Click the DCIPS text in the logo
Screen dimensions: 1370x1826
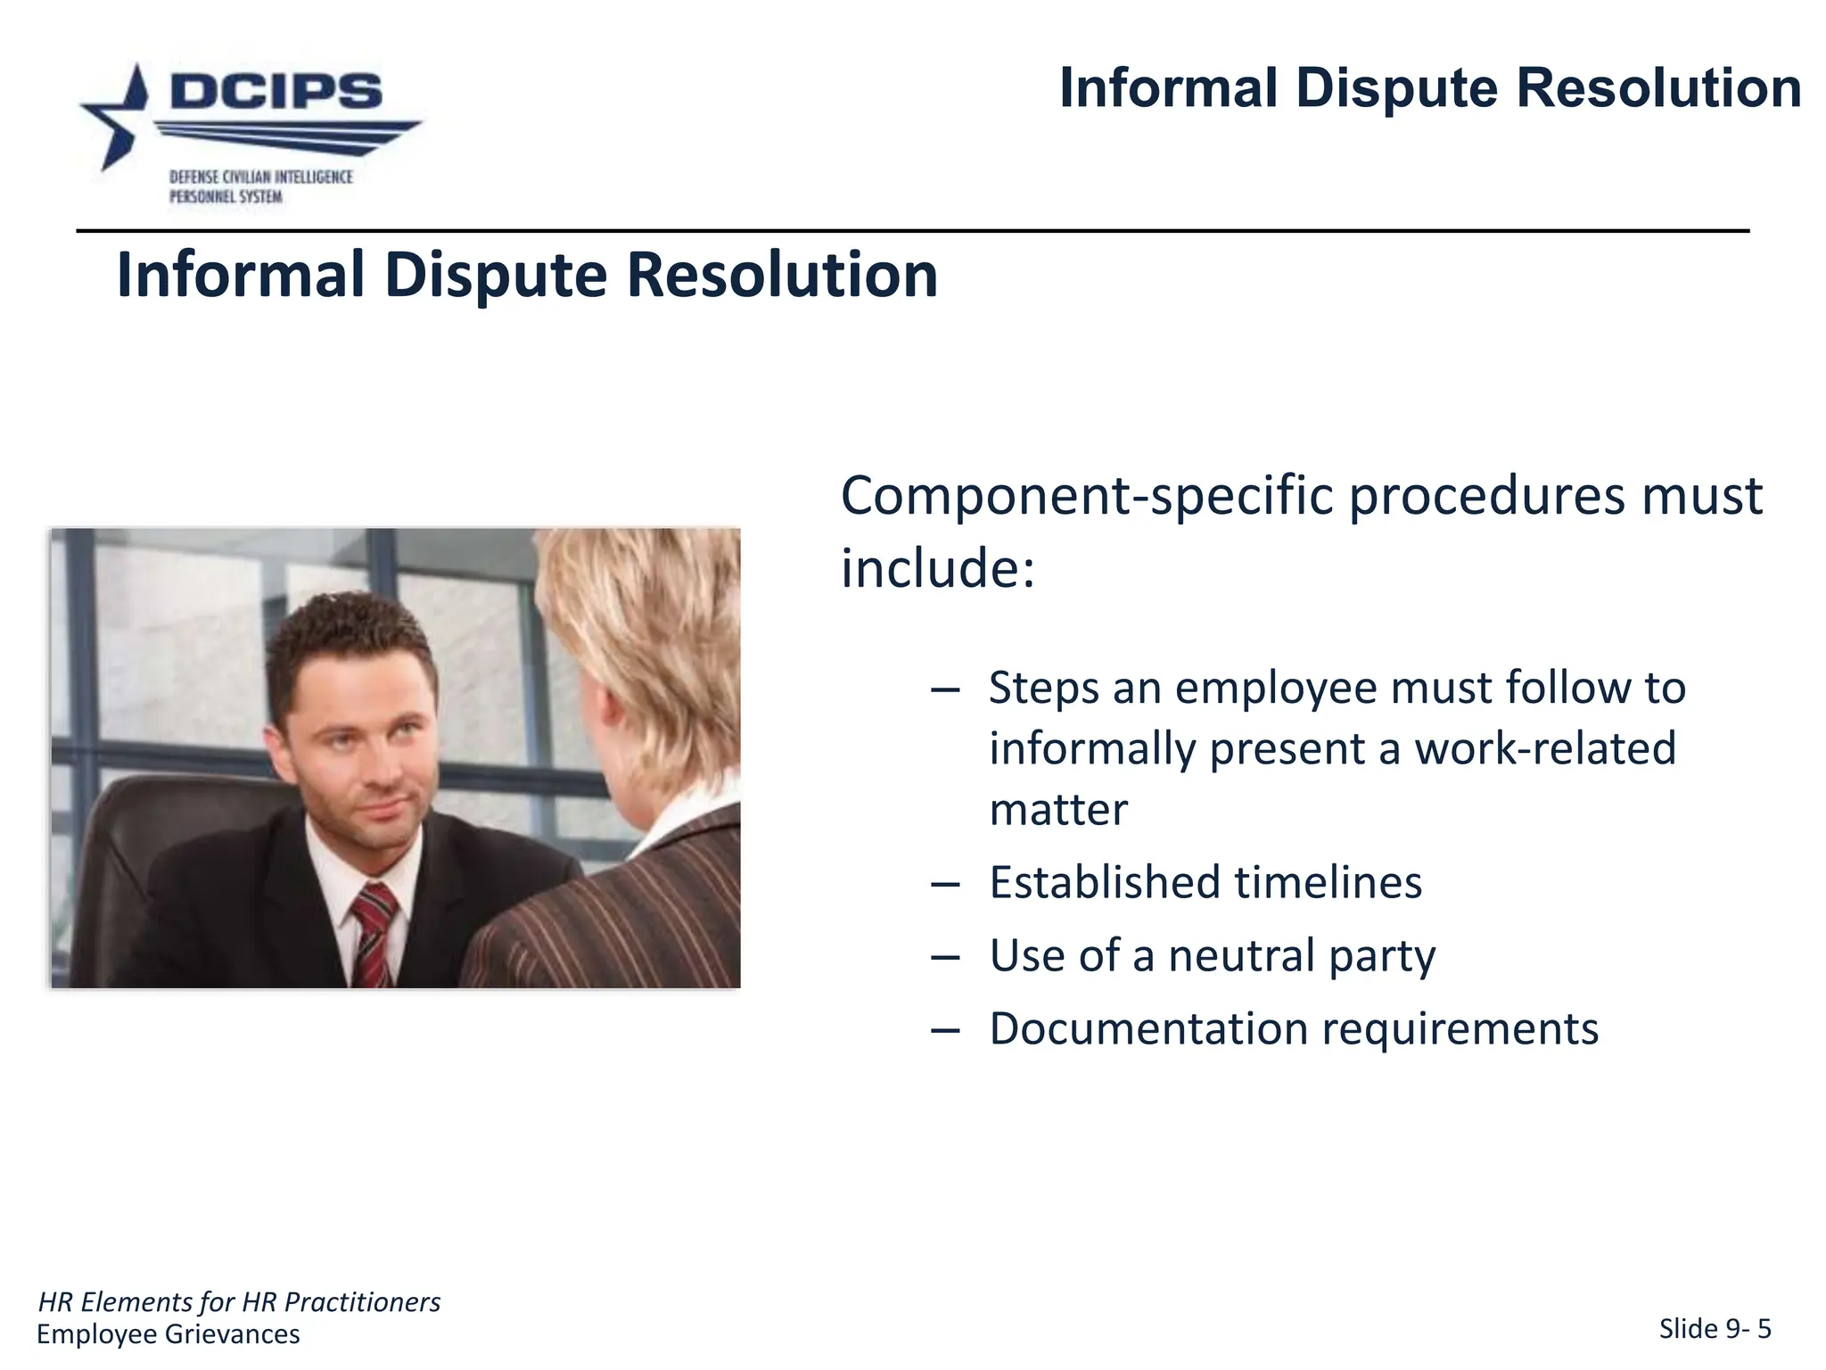click(x=276, y=92)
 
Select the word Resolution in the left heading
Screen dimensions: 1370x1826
click(x=782, y=275)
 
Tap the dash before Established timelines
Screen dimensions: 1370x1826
click(x=944, y=884)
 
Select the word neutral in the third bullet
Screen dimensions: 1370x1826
click(x=1240, y=956)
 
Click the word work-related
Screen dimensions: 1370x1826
click(x=1545, y=748)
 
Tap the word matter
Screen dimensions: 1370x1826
click(x=1058, y=810)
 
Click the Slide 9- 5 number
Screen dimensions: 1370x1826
click(x=1714, y=1329)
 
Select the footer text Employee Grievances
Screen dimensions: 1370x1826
click(x=169, y=1334)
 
